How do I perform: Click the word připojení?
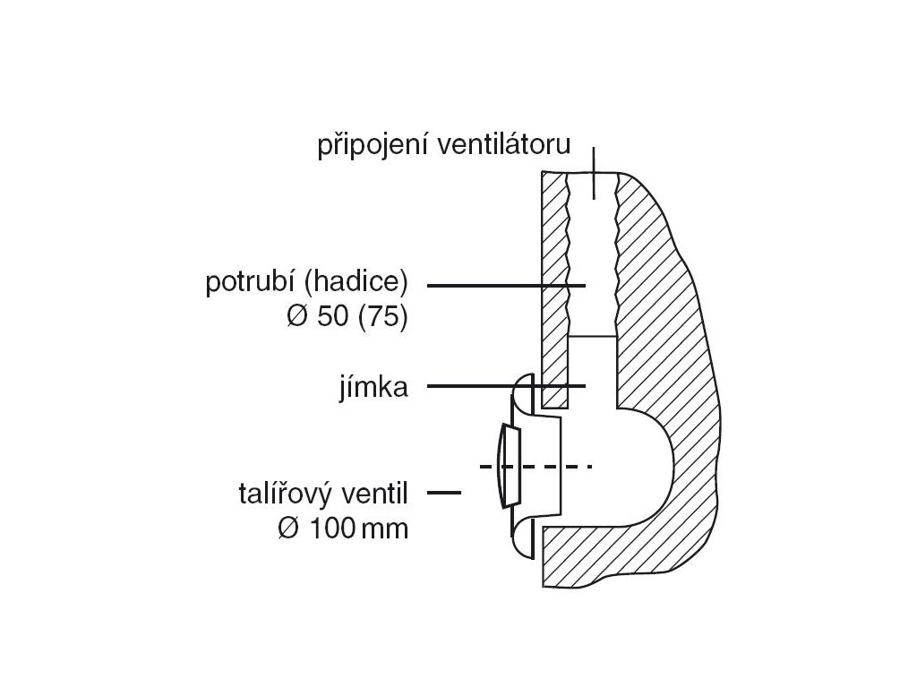click(x=369, y=146)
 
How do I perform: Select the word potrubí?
click(x=251, y=284)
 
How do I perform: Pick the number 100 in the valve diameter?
click(x=330, y=529)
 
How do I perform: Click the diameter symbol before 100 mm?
click(x=288, y=529)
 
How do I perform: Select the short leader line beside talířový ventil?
click(x=445, y=493)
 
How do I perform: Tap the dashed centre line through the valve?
click(x=537, y=467)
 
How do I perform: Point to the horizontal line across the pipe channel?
click(x=593, y=336)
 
